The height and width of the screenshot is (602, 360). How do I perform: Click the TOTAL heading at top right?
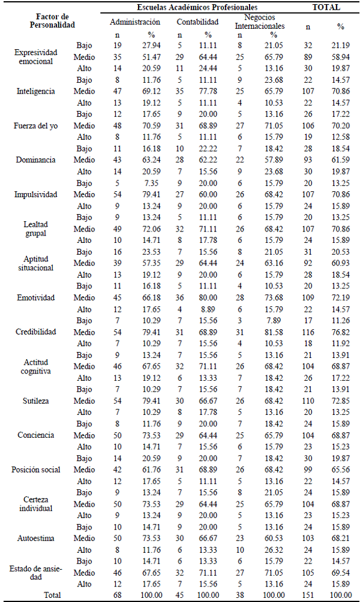(x=326, y=7)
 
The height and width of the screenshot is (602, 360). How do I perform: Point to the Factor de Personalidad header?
(x=53, y=22)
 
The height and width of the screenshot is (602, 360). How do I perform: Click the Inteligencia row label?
(x=36, y=91)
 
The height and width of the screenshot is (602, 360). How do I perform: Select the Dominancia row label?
(x=36, y=160)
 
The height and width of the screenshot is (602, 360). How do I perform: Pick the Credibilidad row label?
(x=36, y=332)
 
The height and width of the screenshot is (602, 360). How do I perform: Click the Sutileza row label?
(x=36, y=401)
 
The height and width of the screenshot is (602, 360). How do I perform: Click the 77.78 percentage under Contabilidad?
(x=208, y=91)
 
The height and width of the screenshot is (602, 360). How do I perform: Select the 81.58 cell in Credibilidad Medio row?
(x=274, y=332)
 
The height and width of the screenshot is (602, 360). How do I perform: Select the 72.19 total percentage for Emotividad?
(x=341, y=297)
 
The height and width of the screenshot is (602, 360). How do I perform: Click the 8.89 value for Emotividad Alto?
(x=208, y=309)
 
